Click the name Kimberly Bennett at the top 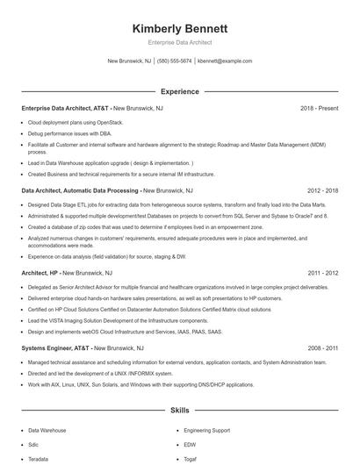pos(179,28)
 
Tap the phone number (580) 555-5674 pos(174,61)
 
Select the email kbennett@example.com pos(225,61)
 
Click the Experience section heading pos(179,91)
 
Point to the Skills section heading pos(179,410)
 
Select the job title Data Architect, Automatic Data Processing pos(80,190)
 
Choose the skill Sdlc pos(34,445)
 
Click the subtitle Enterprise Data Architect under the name pos(179,42)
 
